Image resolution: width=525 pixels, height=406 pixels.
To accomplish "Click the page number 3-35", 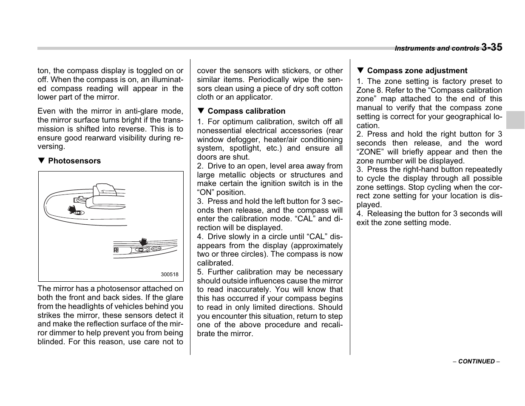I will (x=491, y=47).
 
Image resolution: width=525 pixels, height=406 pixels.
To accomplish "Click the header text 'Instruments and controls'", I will (x=437, y=49).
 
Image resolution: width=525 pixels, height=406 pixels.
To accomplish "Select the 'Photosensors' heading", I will (x=74, y=161).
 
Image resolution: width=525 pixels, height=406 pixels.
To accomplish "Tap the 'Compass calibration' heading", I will (x=246, y=111).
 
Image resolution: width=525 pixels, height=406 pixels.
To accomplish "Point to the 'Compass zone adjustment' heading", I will (x=417, y=71).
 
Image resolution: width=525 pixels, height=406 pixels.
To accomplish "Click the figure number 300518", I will (x=170, y=274).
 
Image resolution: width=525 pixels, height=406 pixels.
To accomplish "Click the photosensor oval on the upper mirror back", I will (x=79, y=212).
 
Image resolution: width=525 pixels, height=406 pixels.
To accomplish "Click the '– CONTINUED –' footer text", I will (x=476, y=361).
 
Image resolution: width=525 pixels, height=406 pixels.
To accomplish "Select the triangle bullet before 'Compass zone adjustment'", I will (x=360, y=71).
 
